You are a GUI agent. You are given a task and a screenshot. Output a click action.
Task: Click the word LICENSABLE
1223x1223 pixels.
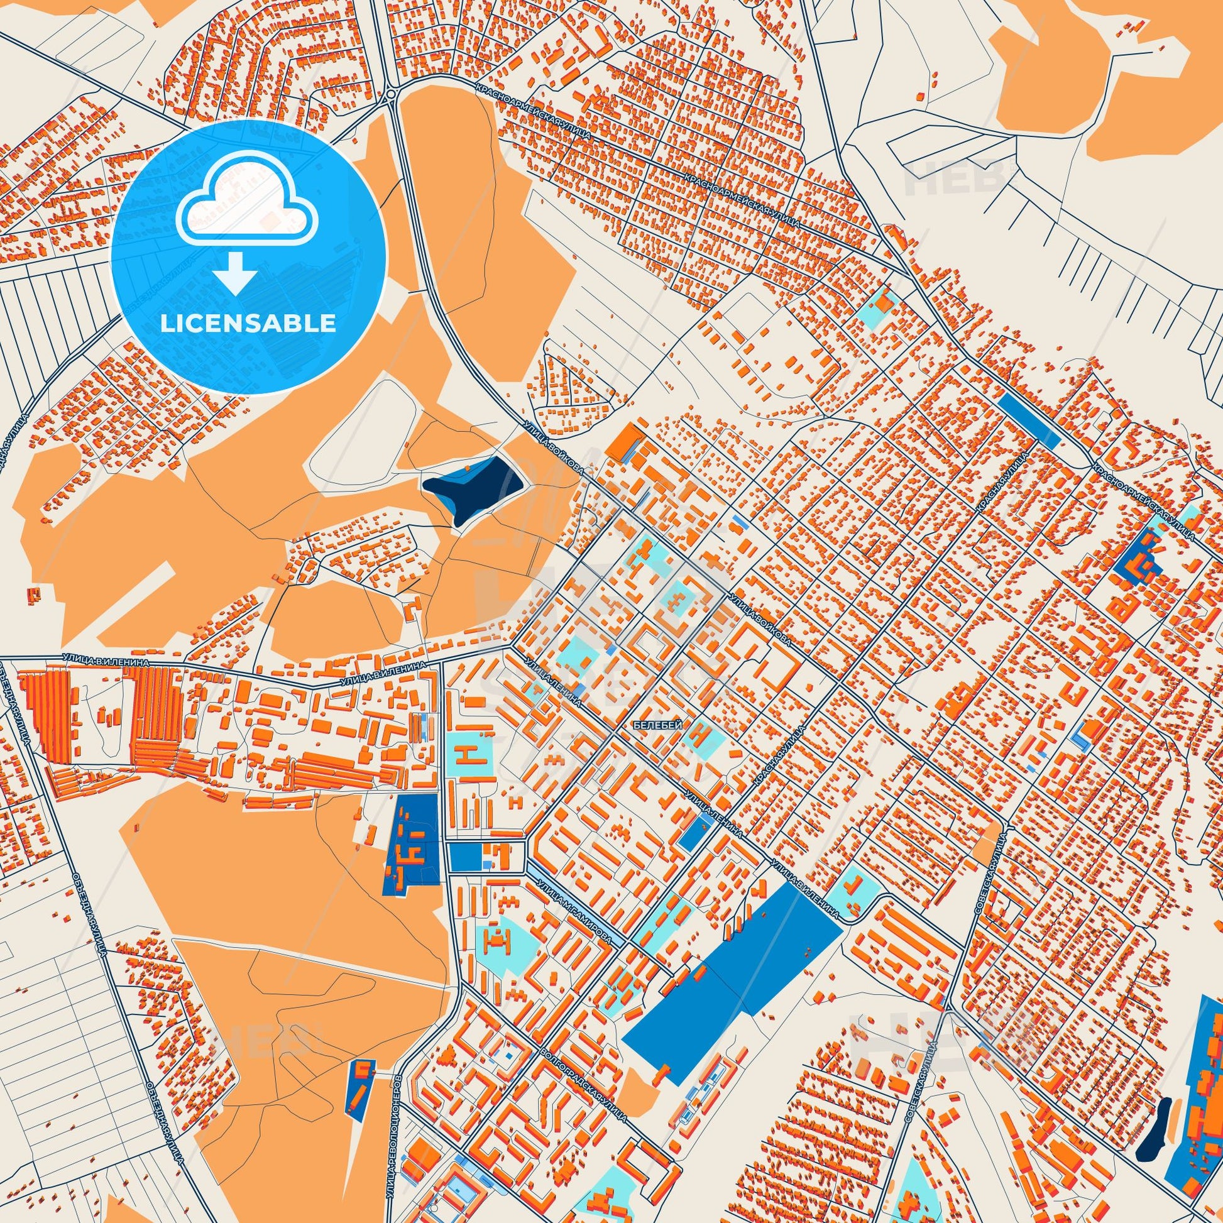[248, 324]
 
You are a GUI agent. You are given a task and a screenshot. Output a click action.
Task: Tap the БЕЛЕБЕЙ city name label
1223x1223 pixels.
[657, 726]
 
